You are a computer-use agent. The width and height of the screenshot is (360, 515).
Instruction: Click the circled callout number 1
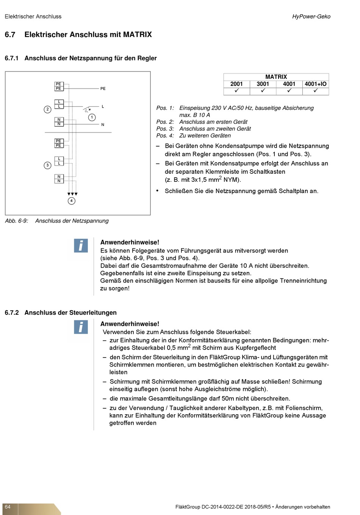tap(92, 117)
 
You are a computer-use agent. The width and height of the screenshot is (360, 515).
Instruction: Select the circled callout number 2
tap(47, 109)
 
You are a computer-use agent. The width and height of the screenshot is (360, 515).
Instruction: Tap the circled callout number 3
tap(47, 165)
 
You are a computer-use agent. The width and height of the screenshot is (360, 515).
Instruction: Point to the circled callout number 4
tap(72, 201)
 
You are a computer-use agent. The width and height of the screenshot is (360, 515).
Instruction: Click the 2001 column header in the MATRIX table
tap(236, 84)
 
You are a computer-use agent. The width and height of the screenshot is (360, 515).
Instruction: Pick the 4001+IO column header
tap(315, 84)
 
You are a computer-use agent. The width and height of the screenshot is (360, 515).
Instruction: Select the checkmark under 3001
tap(263, 91)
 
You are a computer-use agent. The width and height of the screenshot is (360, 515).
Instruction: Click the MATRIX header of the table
tap(276, 77)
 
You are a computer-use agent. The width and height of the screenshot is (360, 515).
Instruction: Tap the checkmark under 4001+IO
tap(315, 91)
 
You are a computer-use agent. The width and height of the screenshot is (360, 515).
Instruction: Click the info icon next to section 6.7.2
tap(81, 327)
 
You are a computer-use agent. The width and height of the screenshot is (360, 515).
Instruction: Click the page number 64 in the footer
tap(8, 507)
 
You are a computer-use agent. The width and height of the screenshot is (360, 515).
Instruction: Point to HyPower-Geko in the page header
tap(311, 17)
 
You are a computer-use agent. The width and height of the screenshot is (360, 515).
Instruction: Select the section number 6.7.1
tap(11, 58)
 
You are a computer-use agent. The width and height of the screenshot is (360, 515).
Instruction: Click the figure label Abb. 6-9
tap(16, 221)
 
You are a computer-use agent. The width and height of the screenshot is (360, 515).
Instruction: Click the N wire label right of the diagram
tap(103, 125)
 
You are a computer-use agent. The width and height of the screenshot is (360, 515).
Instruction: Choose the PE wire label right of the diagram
tap(103, 89)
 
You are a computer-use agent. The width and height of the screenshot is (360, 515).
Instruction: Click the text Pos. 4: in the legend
tap(165, 136)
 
